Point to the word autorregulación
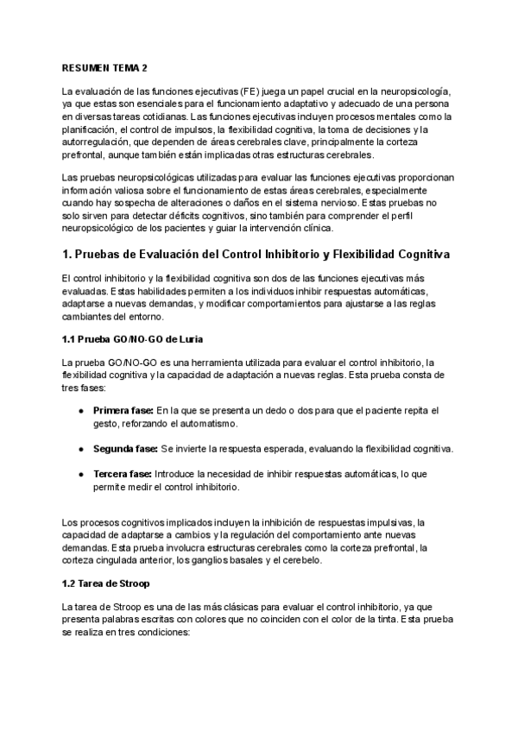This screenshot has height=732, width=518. pyautogui.click(x=98, y=142)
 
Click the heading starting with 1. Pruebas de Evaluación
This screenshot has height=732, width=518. pyautogui.click(x=256, y=256)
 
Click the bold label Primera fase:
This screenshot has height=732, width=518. pyautogui.click(x=124, y=409)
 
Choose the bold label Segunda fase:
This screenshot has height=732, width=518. pyautogui.click(x=126, y=449)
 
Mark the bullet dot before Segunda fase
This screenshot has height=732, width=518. pyautogui.click(x=80, y=450)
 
